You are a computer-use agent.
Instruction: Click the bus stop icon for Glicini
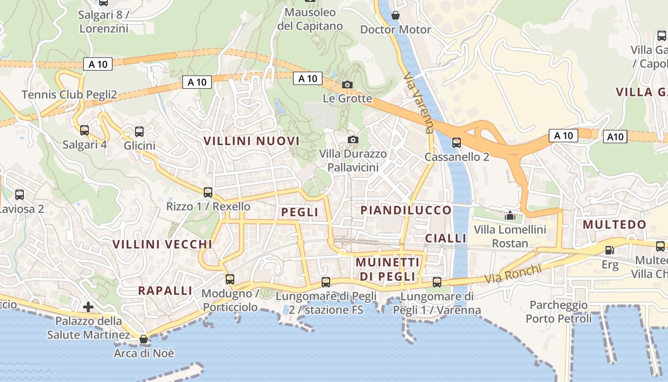139,132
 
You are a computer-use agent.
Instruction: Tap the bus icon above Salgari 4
84,130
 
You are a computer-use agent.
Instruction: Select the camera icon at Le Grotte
347,85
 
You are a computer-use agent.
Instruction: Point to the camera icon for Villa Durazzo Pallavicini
353,139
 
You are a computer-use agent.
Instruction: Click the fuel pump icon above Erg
609,250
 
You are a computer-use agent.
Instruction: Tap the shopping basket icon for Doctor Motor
396,15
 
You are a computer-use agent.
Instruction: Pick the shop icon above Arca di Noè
144,339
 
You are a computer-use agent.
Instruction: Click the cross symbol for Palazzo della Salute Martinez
88,307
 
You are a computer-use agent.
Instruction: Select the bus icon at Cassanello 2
457,142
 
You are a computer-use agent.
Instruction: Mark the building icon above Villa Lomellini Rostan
510,215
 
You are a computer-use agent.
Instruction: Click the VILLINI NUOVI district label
251,141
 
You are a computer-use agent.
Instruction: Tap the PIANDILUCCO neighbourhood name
406,210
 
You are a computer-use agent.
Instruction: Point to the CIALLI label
446,238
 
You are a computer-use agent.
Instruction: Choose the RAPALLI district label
165,290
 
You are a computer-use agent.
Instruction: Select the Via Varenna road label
418,103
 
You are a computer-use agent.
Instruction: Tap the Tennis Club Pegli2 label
69,95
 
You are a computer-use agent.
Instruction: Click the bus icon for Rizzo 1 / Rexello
208,192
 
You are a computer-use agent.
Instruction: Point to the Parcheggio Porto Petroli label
559,311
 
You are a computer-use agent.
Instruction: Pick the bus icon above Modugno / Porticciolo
230,279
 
